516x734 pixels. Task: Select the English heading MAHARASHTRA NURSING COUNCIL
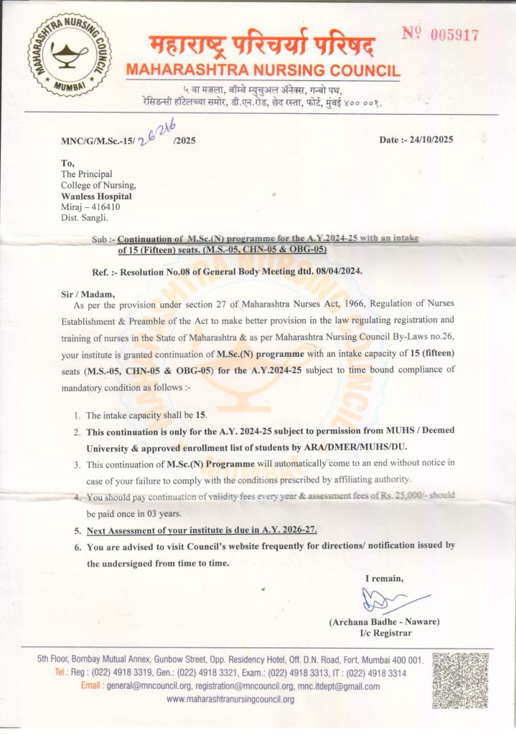[262, 71]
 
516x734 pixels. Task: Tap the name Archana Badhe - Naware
[384, 621]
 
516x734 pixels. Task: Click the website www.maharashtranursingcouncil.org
[230, 699]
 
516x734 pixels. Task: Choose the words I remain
[384, 578]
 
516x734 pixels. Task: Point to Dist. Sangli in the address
[85, 217]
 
